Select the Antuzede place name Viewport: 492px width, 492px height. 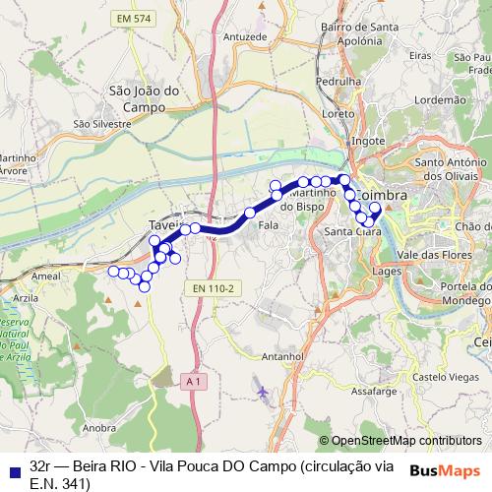point(245,36)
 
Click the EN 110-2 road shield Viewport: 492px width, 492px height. point(213,287)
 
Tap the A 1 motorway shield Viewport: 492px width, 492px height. point(191,380)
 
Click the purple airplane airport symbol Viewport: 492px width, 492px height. point(261,393)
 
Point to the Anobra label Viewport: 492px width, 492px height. point(100,428)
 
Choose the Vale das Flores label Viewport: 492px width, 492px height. point(434,254)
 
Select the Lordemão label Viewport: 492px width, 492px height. point(440,99)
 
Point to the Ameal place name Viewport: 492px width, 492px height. point(47,277)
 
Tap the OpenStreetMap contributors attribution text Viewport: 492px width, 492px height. point(406,441)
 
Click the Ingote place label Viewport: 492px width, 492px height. point(368,141)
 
